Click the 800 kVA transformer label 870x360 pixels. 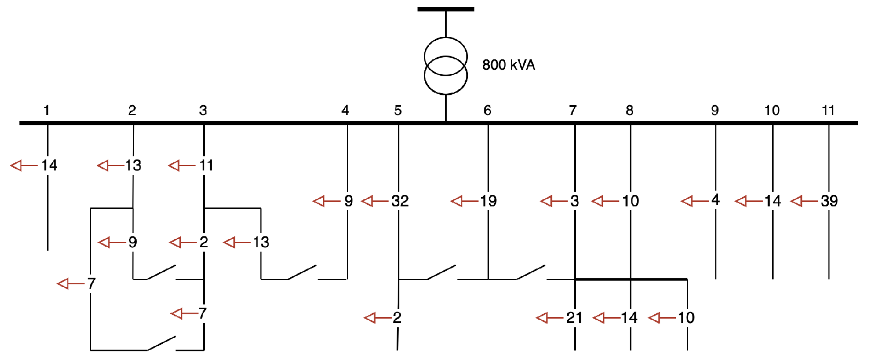[508, 65]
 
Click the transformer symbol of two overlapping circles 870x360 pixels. [446, 65]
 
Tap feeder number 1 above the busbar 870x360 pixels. [47, 111]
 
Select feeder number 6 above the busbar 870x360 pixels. [487, 111]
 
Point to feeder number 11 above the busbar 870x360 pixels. [828, 111]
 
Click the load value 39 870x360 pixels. [829, 201]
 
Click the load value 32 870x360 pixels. [400, 201]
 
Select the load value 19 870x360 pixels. [488, 201]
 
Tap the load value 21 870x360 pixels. [574, 318]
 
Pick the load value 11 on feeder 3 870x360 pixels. [206, 165]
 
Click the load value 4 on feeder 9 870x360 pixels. [715, 200]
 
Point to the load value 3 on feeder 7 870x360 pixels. [574, 201]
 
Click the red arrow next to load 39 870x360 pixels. [804, 202]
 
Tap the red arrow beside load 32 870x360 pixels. [374, 202]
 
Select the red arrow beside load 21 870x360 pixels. [549, 318]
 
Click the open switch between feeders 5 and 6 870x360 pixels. [441, 272]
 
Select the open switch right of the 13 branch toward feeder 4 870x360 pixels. [302, 272]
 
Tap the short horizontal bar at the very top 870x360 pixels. [446, 9]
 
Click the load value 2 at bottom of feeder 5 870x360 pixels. [397, 318]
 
